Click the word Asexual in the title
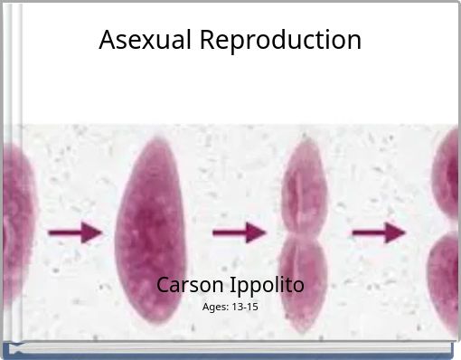pos(146,40)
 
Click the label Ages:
pos(215,308)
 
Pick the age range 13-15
pos(245,308)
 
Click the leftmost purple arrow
pos(74,232)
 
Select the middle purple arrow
pos(239,232)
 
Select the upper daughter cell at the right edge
pos(447,176)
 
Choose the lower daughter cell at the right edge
pos(446,280)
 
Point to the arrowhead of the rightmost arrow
pos(395,232)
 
